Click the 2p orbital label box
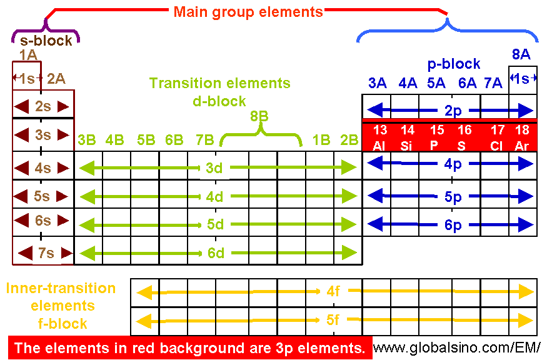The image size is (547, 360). click(453, 111)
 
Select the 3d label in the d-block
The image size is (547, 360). click(214, 167)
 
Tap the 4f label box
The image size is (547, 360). click(333, 291)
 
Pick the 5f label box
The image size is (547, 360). click(333, 321)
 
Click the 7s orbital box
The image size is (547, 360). click(46, 252)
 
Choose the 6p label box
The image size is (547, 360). click(453, 224)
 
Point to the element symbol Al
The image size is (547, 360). click(379, 146)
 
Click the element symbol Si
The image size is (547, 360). click(408, 146)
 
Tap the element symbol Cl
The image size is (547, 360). click(498, 146)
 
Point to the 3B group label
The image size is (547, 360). click(87, 140)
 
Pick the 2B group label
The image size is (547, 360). click(349, 140)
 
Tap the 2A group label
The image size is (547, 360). click(56, 78)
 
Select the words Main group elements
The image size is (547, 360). click(248, 12)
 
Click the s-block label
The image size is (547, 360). click(45, 41)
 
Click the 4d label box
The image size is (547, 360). click(214, 197)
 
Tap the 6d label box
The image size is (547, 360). click(214, 252)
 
